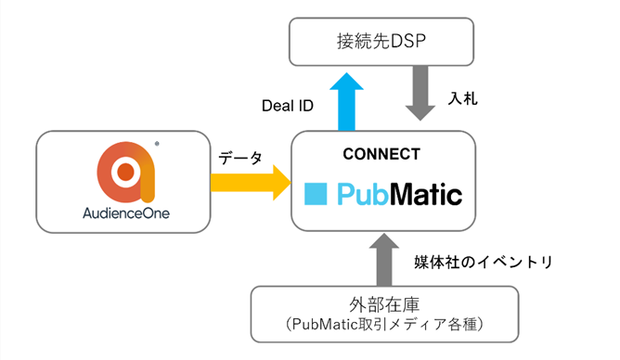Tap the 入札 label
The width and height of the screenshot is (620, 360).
pyautogui.click(x=463, y=97)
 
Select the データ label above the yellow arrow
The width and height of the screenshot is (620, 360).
pyautogui.click(x=239, y=157)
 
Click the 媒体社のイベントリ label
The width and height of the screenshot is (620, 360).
pyautogui.click(x=484, y=262)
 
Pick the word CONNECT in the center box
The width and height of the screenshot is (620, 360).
pyautogui.click(x=381, y=154)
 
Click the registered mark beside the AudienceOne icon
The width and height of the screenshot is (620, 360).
pyautogui.click(x=160, y=144)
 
